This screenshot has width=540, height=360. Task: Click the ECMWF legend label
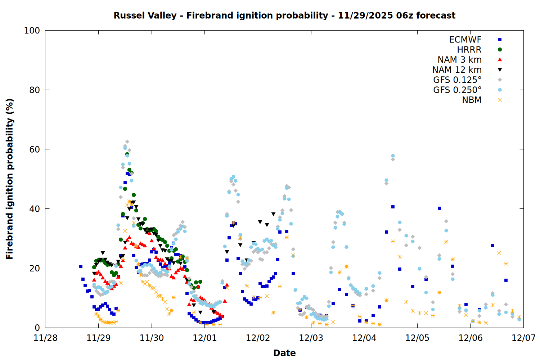tap(465, 40)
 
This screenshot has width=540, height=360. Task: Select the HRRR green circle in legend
tap(500, 50)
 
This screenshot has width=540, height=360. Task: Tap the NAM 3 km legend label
tap(459, 60)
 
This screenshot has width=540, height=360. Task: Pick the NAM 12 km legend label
tap(457, 70)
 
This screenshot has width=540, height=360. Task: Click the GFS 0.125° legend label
tap(457, 80)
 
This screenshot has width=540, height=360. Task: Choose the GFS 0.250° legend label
tap(457, 90)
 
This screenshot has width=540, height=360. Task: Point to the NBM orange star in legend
tap(500, 100)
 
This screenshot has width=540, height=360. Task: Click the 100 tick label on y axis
tap(32, 31)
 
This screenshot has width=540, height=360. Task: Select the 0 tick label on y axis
tap(37, 328)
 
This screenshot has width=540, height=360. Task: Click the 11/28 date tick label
tap(45, 338)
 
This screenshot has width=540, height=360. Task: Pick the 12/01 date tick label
tap(204, 338)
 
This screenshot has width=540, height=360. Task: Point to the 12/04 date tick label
tap(364, 338)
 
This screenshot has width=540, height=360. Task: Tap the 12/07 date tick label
tap(523, 338)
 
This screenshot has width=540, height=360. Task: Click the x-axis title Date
tap(284, 353)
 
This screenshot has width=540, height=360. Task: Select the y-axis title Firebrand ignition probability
tap(10, 179)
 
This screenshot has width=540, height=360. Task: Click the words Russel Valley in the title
tap(145, 15)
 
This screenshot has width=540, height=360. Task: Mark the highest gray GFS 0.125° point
tap(127, 142)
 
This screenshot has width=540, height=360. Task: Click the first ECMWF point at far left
tap(81, 267)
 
